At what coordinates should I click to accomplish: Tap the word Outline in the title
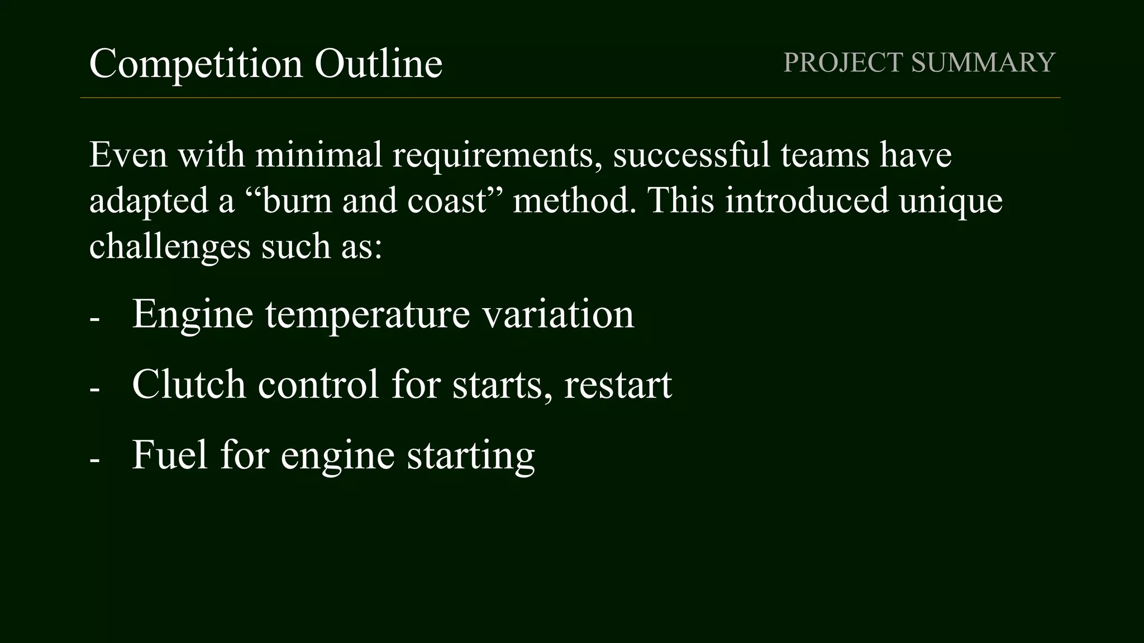click(x=378, y=63)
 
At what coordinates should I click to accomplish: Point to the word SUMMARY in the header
click(x=983, y=62)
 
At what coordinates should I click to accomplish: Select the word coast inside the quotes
click(x=447, y=201)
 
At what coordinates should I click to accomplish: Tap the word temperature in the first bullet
click(x=367, y=315)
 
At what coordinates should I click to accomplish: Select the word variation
click(x=558, y=314)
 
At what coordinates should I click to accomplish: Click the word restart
click(x=618, y=385)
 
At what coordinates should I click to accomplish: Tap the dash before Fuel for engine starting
click(x=94, y=461)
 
